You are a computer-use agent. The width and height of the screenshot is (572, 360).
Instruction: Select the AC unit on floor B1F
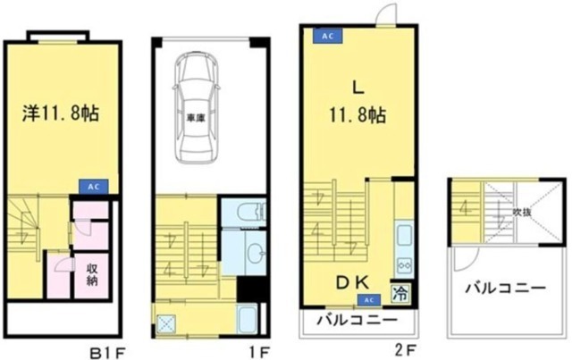(93, 186)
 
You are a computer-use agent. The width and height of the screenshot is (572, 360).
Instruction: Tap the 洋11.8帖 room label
(60, 113)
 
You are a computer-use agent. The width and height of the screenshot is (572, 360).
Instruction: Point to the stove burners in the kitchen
(403, 265)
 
